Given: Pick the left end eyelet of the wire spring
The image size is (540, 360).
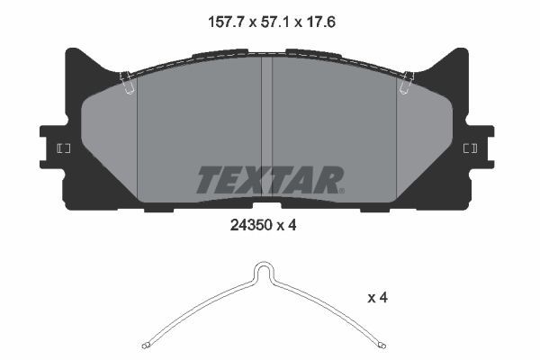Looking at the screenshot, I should [147, 344].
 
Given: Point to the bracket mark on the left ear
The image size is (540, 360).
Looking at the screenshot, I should [63, 148].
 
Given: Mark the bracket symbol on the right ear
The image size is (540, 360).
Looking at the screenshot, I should [469, 148].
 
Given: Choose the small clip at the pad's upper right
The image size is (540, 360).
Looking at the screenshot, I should [407, 83].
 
